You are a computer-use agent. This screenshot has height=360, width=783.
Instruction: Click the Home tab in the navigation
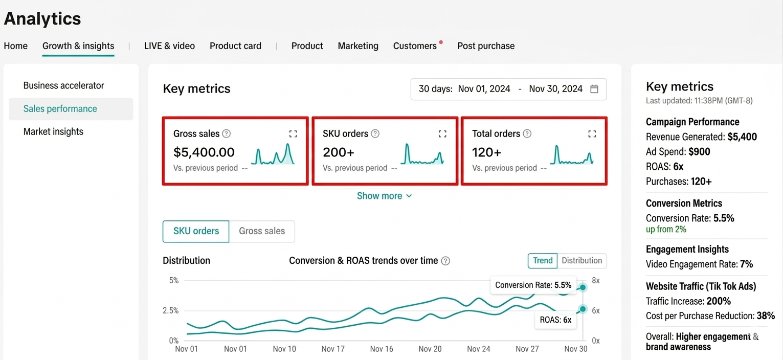pyautogui.click(x=16, y=46)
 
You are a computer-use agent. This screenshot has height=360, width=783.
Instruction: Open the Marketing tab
pyautogui.click(x=358, y=46)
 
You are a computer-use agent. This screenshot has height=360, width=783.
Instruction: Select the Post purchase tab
pyautogui.click(x=486, y=46)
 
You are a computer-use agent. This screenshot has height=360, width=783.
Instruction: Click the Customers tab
pyautogui.click(x=415, y=46)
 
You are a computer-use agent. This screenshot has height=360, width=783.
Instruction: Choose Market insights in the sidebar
pyautogui.click(x=53, y=131)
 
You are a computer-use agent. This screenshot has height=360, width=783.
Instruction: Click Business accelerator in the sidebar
pyautogui.click(x=63, y=85)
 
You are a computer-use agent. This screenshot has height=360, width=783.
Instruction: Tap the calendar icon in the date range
pyautogui.click(x=594, y=89)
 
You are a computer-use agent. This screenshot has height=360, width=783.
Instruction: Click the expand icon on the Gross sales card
pyautogui.click(x=293, y=133)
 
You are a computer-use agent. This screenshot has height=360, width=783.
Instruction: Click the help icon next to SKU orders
pyautogui.click(x=375, y=133)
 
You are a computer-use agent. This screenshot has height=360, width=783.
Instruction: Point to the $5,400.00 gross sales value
pyautogui.click(x=204, y=152)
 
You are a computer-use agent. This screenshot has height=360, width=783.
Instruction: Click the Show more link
pyautogui.click(x=384, y=196)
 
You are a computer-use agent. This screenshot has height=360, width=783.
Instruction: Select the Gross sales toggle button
pyautogui.click(x=262, y=231)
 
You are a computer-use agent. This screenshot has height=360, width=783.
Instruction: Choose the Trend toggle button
pyautogui.click(x=543, y=260)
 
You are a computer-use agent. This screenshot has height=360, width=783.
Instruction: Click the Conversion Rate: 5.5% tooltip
pyautogui.click(x=533, y=285)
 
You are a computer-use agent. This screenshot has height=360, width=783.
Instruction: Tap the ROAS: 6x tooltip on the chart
pyautogui.click(x=555, y=320)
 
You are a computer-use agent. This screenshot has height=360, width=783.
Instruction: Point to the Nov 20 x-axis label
pyautogui.click(x=430, y=349)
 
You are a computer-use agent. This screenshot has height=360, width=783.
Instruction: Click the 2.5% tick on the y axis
pyautogui.click(x=171, y=310)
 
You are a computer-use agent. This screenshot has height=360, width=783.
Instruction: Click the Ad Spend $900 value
pyautogui.click(x=699, y=152)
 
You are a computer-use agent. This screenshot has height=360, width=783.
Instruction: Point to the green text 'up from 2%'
pyautogui.click(x=666, y=229)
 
